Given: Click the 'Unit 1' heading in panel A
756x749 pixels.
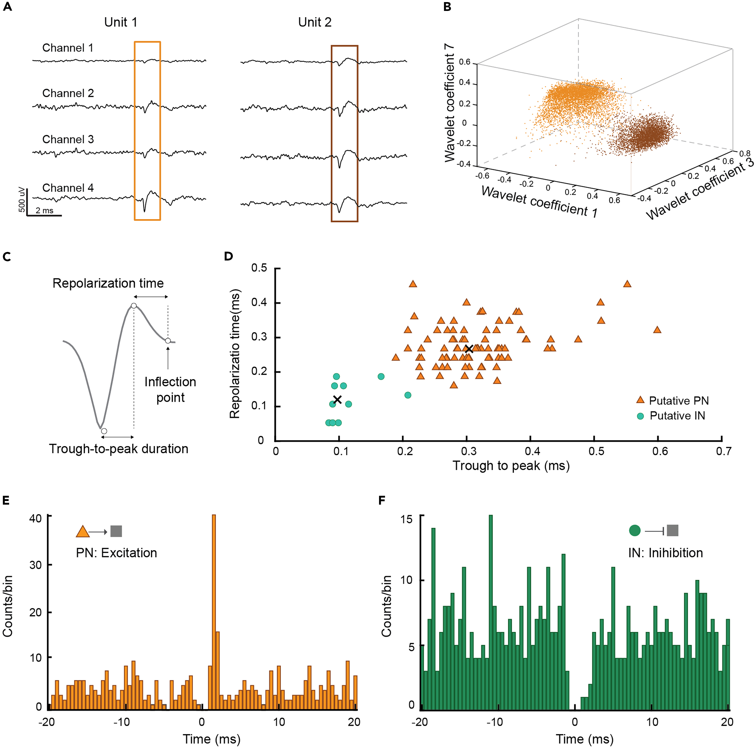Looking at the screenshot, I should click(x=120, y=22).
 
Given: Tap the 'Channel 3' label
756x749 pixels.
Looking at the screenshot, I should click(x=68, y=139).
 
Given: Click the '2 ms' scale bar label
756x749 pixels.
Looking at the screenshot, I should click(x=44, y=210).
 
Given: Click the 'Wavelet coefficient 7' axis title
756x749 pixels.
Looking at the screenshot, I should click(x=450, y=103).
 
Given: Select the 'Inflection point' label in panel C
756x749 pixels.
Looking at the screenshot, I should click(x=170, y=390).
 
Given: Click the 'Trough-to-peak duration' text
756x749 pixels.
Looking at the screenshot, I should click(x=119, y=449).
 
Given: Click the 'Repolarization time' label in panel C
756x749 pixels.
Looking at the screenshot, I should click(x=108, y=283).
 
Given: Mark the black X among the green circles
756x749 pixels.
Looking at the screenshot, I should click(x=337, y=399).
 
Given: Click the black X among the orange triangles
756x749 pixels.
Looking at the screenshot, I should click(x=469, y=349).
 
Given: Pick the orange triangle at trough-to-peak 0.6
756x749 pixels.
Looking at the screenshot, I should click(x=657, y=330).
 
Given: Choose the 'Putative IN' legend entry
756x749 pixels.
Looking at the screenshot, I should click(x=677, y=416).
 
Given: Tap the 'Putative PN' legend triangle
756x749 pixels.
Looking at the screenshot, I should click(x=640, y=400).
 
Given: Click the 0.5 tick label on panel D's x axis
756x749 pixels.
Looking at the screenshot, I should click(x=596, y=452).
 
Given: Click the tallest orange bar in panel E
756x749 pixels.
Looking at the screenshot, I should click(x=214, y=611).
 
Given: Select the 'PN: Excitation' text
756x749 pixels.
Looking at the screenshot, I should click(x=116, y=553).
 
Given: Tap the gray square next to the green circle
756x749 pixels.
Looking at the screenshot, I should click(x=672, y=531).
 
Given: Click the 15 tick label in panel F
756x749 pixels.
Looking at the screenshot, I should click(x=407, y=519).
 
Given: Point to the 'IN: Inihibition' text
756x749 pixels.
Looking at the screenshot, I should click(x=665, y=553).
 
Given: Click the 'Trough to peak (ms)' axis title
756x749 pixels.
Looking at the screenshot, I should click(x=511, y=466).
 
